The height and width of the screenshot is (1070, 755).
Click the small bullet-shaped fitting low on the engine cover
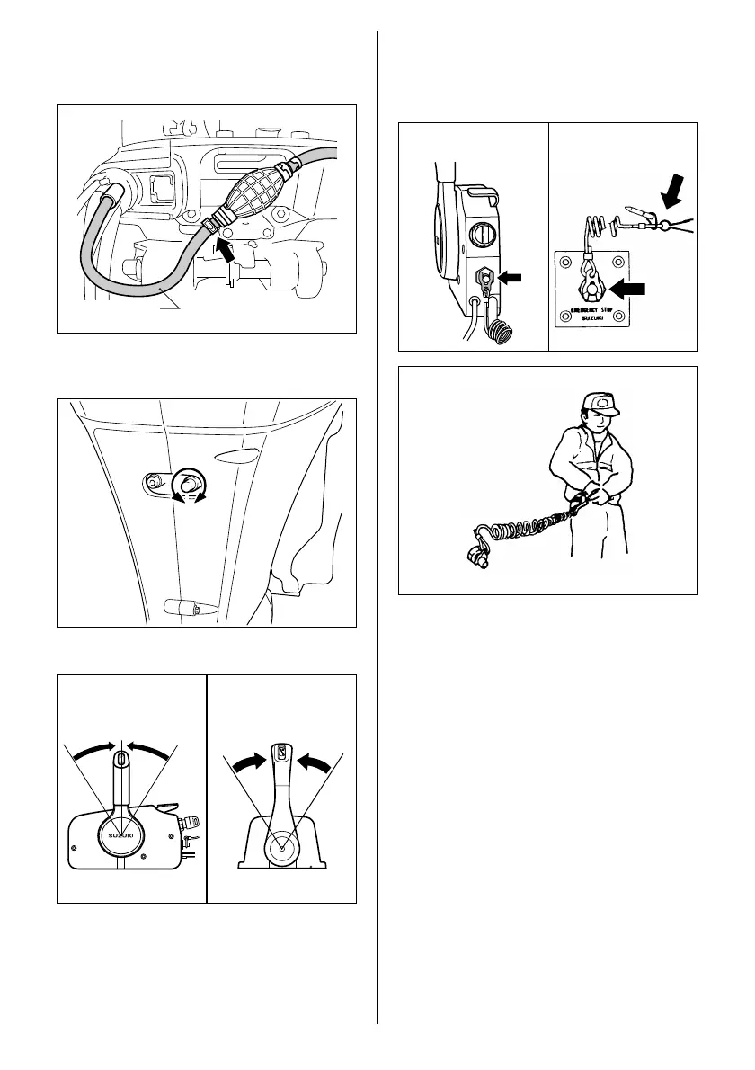point(184,607)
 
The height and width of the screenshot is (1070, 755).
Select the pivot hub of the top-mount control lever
point(282,845)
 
